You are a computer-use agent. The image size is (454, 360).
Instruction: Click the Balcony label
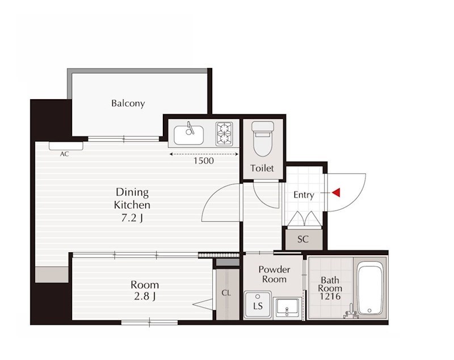[x=128, y=103]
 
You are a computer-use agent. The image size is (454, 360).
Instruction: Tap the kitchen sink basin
[x=188, y=135]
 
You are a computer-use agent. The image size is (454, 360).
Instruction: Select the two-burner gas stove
[x=224, y=134]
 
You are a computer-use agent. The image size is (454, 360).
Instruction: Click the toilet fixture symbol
[x=263, y=139]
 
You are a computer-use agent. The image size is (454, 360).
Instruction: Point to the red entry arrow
[x=336, y=193]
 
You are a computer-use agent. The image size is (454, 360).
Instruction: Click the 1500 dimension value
[x=204, y=161]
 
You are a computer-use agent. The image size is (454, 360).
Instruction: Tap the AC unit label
[x=65, y=154]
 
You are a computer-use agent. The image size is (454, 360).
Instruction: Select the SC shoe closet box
[x=304, y=239]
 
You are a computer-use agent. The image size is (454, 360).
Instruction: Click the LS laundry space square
[x=258, y=305]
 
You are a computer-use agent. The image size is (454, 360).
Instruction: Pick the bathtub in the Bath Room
[x=370, y=289]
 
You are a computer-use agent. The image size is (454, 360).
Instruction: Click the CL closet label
[x=226, y=293]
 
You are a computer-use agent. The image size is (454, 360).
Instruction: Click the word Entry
[x=304, y=195]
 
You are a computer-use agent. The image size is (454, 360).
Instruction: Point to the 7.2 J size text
[x=132, y=218]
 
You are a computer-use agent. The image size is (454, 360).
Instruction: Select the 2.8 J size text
[x=145, y=297]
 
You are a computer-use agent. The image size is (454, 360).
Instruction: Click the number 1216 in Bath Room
[x=330, y=296]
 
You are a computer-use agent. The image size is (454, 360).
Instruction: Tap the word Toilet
[x=262, y=168]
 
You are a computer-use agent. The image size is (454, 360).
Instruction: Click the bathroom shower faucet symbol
[x=351, y=312]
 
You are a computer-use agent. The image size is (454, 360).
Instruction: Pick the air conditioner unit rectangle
[x=66, y=146]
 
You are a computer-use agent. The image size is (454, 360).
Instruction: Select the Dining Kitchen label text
[x=132, y=198]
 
